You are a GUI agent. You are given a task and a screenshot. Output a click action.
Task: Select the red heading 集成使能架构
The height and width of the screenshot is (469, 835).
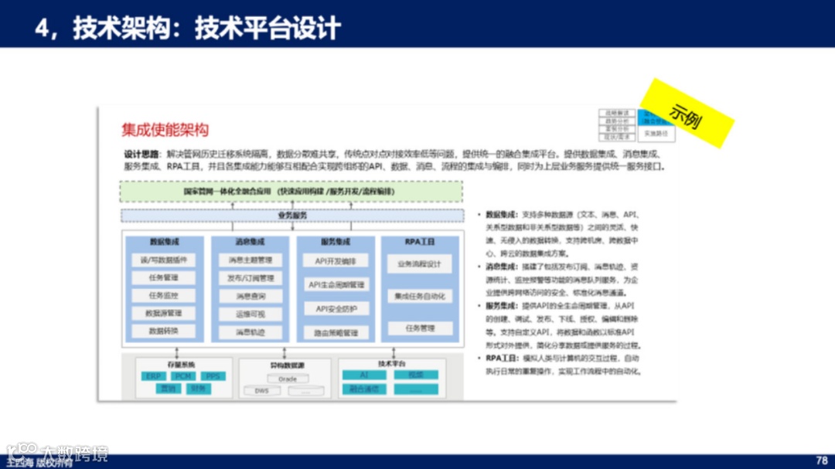click(165, 130)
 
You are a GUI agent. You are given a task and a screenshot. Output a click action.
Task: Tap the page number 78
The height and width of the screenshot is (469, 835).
click(822, 461)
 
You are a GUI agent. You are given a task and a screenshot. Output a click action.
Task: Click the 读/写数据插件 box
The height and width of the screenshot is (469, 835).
click(165, 260)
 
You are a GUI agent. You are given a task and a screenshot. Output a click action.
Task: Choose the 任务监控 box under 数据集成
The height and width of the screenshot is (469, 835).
click(165, 295)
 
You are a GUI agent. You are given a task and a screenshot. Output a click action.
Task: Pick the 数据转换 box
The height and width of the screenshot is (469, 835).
click(165, 331)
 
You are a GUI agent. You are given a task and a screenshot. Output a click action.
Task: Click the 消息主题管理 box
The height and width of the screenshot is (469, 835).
click(250, 260)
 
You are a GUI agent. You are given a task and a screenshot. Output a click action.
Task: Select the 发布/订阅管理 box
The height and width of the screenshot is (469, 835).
click(250, 278)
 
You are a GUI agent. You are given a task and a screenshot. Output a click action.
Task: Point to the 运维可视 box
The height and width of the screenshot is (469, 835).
click(250, 314)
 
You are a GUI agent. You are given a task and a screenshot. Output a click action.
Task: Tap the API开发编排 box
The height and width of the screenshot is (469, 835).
click(336, 260)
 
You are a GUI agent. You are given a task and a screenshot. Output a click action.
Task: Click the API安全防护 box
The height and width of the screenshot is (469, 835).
click(336, 309)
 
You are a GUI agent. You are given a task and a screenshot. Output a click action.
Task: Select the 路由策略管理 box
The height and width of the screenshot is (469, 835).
click(336, 333)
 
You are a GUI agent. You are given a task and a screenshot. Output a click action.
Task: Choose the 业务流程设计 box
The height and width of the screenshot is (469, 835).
click(420, 264)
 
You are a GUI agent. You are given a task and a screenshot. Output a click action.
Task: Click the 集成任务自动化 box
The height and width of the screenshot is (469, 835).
click(420, 296)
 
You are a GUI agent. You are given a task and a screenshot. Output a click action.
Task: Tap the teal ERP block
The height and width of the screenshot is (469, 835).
click(152, 376)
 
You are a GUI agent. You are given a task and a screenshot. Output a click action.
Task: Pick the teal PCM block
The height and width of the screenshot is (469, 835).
click(183, 376)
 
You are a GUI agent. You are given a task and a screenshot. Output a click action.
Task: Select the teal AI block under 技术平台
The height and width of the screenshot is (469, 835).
click(363, 375)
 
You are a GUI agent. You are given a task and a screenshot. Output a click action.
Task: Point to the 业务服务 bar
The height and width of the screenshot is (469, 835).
click(292, 216)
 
